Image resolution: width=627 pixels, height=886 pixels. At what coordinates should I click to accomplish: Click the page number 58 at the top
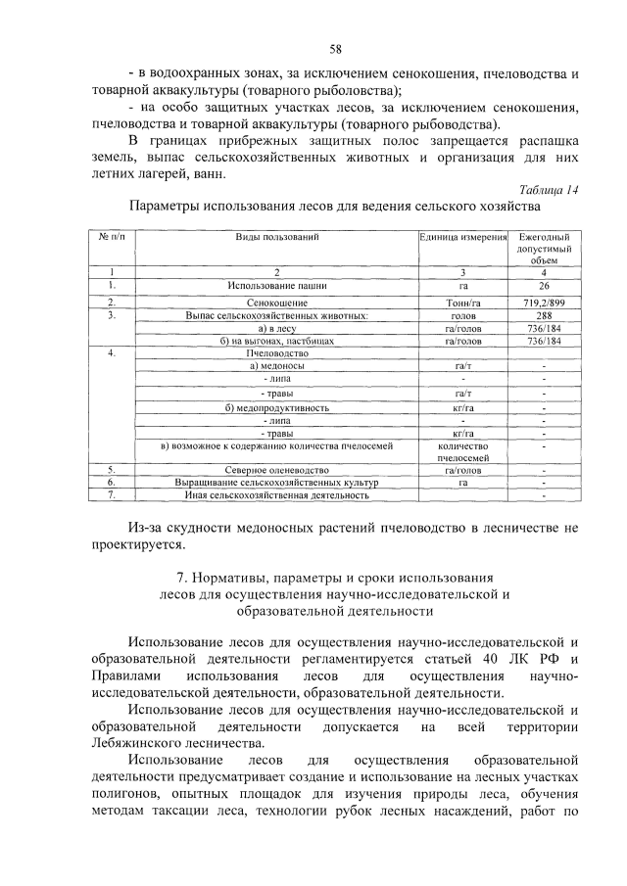(x=335, y=48)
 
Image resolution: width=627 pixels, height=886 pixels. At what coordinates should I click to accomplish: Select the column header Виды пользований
(x=277, y=238)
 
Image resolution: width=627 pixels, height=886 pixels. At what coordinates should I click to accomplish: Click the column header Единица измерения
(x=462, y=238)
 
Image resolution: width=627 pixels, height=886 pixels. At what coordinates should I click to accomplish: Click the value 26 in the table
(x=544, y=285)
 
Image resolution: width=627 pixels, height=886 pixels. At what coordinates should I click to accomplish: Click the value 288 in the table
(x=544, y=316)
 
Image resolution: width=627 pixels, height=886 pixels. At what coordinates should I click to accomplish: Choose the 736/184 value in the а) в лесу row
(x=544, y=329)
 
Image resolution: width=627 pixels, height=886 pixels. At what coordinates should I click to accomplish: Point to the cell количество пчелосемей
(x=462, y=451)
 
